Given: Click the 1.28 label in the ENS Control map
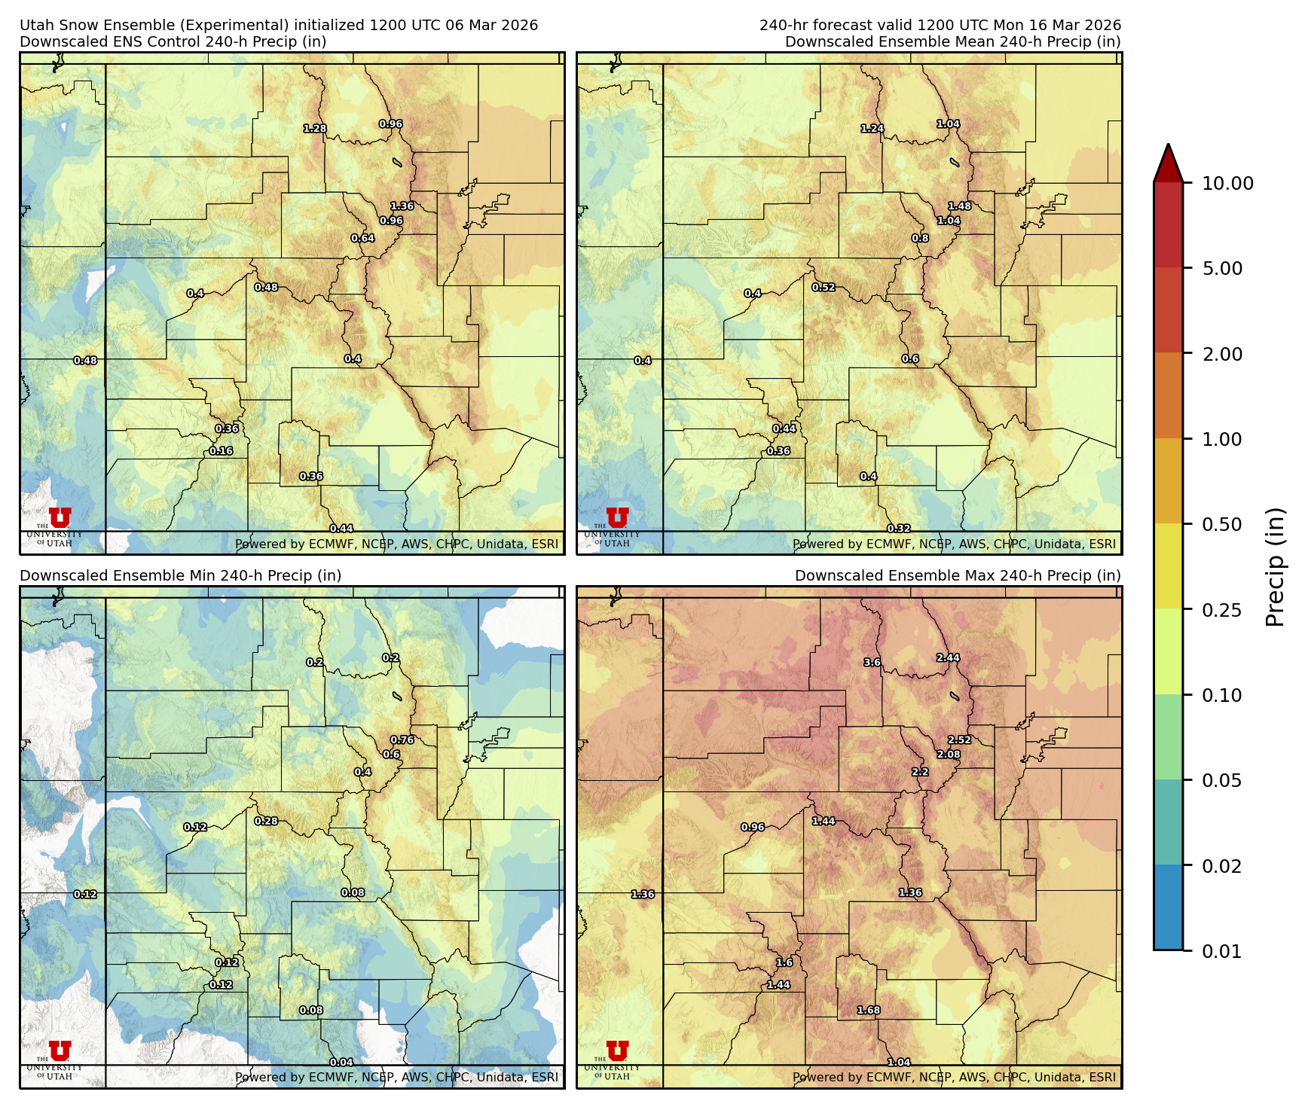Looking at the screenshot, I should click(x=315, y=129).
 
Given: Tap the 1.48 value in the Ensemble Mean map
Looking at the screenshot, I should click(x=959, y=206).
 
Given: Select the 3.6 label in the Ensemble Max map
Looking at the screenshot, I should click(x=872, y=663).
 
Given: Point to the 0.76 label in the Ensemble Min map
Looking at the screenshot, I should click(x=402, y=740).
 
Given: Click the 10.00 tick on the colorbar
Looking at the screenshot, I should click(x=1227, y=183).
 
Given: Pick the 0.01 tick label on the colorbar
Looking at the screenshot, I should click(x=1222, y=951).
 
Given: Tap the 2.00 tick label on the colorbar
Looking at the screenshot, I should click(x=1222, y=354).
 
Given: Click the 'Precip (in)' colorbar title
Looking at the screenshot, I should click(x=1275, y=567).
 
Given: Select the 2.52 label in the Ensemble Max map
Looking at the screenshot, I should click(x=959, y=740).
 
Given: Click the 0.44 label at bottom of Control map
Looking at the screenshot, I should click(x=341, y=529).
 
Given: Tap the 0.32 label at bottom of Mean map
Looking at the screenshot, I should click(x=899, y=529).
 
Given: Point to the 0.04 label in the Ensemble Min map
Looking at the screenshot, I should click(x=341, y=1063).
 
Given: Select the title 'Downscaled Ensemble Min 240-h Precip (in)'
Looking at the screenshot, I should click(x=181, y=575).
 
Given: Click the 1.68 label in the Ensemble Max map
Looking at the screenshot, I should click(x=869, y=1011).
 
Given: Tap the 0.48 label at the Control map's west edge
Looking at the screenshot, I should click(x=85, y=361).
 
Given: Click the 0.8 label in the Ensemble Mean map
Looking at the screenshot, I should click(x=920, y=239).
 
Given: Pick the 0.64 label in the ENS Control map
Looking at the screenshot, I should click(x=362, y=239).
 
